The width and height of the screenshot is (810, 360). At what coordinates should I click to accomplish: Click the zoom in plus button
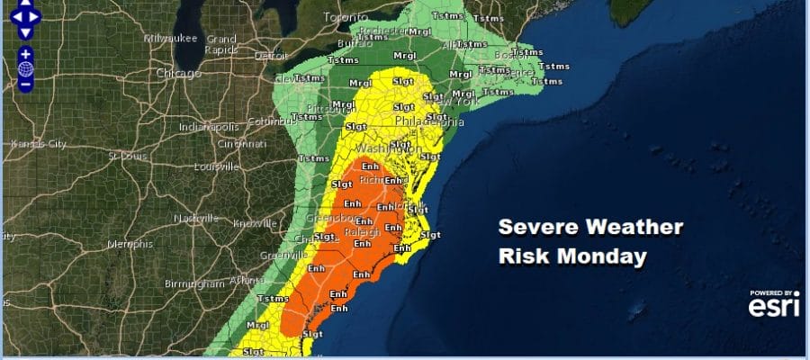coord(25,53)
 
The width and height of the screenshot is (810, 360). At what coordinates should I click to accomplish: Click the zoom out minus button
coord(25,84)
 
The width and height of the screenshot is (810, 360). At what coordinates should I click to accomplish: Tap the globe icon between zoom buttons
coord(25,68)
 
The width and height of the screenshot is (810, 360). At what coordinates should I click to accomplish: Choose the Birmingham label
coord(193,283)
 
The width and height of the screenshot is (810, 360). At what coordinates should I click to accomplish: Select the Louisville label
coord(216,166)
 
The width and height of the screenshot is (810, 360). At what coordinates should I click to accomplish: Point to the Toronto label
coord(346,17)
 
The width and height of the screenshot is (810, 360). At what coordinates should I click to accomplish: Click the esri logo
coord(772,307)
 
